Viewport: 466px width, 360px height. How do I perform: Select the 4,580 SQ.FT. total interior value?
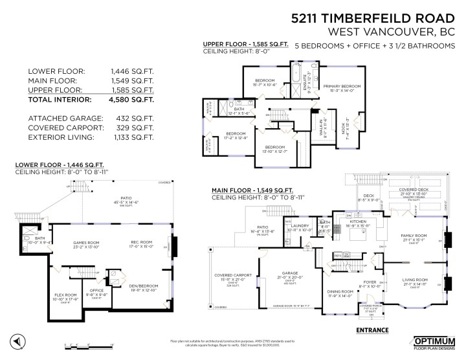tap(132, 100)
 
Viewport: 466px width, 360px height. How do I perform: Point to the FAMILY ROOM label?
tap(415, 236)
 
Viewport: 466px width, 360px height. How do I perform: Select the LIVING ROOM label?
tap(415, 280)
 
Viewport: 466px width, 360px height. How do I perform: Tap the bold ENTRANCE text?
tap(372, 330)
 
